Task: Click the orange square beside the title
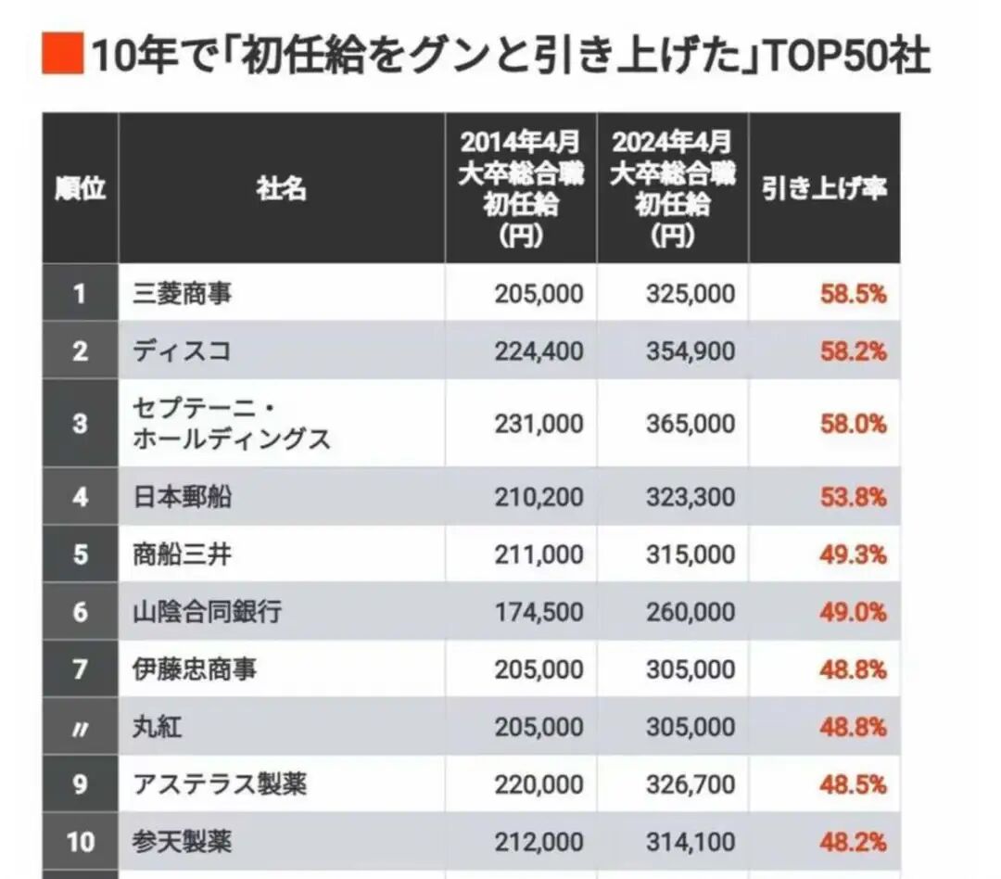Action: coord(63,53)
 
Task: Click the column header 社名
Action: coord(282,189)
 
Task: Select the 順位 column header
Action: coord(81,189)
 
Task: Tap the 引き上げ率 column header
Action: coord(824,189)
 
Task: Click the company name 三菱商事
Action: coord(182,294)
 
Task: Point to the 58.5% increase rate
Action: coord(854,295)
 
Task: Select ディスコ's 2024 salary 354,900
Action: coord(691,351)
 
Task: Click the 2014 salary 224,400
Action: coord(539,351)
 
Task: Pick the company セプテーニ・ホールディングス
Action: coord(232,424)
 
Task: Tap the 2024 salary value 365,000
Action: coord(691,424)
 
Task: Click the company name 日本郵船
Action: coord(182,497)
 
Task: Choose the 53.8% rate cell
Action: coord(854,497)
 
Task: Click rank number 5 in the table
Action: coord(80,554)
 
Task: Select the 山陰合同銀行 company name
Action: coord(207,612)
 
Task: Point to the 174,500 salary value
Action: coord(539,612)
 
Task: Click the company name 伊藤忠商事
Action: coord(195,669)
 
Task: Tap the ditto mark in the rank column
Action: coord(80,728)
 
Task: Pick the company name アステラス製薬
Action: coord(220,784)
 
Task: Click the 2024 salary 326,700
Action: coord(691,784)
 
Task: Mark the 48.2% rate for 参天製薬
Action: coord(854,842)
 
